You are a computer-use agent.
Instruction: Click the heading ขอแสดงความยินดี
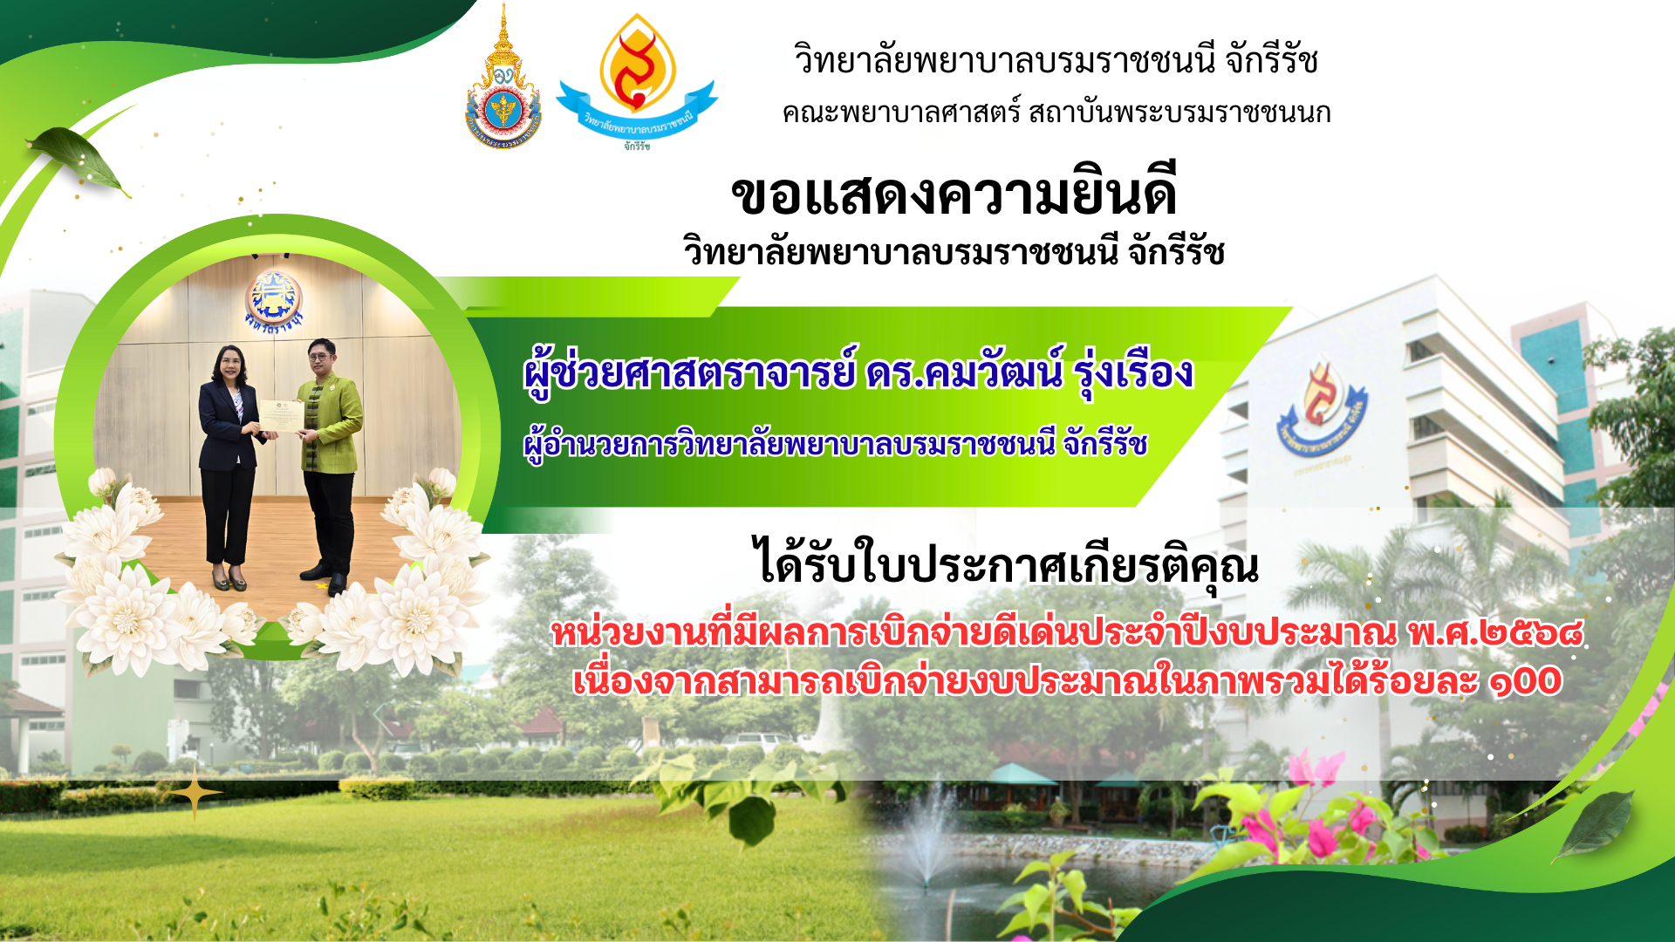[954, 194]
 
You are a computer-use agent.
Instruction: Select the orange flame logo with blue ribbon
[637, 80]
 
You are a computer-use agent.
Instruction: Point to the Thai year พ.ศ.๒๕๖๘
[1495, 632]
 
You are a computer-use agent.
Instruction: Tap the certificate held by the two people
[281, 417]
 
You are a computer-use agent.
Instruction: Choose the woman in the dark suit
[229, 467]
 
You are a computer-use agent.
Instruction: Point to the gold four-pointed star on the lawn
[195, 792]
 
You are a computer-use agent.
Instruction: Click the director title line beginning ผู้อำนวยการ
[835, 445]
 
